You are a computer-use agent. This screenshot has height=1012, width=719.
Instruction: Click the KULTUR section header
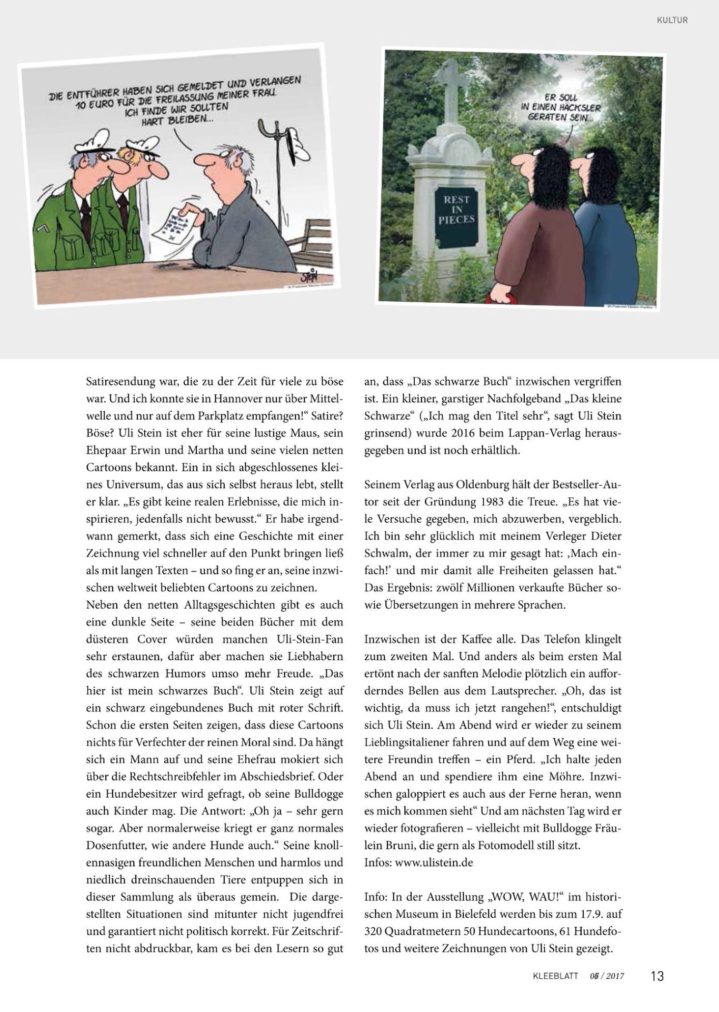[x=672, y=21]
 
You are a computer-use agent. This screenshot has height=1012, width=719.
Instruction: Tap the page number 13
[x=657, y=976]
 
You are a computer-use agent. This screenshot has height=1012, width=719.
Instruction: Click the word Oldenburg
[x=475, y=484]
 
